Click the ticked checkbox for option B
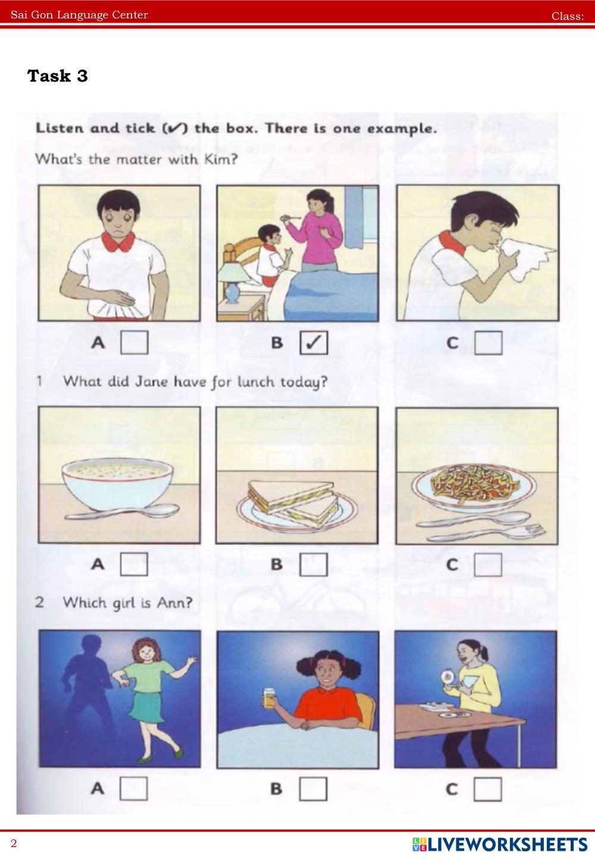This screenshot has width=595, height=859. coord(314,343)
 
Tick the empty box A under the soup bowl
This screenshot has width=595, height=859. coord(134,564)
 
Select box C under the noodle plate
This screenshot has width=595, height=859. coord(488,565)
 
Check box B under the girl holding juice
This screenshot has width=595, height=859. coord(313,789)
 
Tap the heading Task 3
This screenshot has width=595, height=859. coord(58,76)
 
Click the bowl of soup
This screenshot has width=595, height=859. coord(117,484)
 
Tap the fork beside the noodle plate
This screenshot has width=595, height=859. coord(487,534)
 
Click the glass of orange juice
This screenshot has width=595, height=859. coord(269,698)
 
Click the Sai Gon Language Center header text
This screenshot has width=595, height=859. coord(79,15)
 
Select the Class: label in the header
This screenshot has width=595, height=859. coord(568,16)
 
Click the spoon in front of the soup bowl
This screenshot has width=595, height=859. coord(122,512)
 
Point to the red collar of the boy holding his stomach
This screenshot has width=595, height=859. coord(118,242)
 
